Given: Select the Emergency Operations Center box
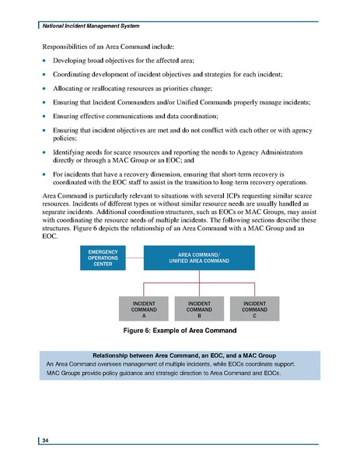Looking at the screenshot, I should click(x=103, y=258).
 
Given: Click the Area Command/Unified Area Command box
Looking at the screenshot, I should click(x=199, y=258).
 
